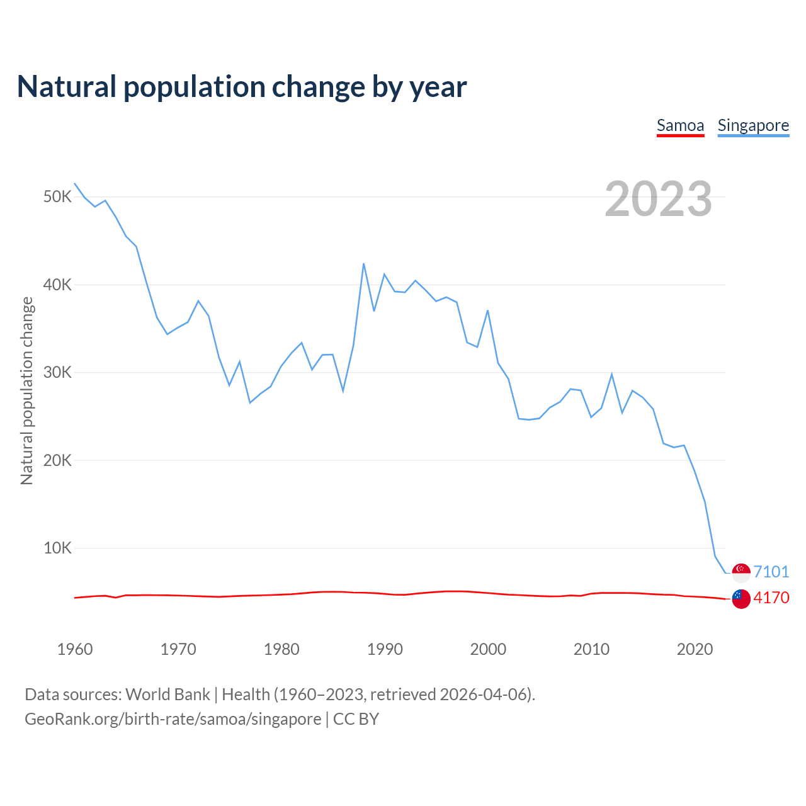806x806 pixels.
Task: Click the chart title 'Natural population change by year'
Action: click(242, 87)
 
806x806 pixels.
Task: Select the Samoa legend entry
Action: click(680, 125)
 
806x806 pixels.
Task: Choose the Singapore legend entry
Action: click(753, 125)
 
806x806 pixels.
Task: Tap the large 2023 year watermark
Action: click(658, 199)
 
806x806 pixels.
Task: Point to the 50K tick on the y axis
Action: click(58, 196)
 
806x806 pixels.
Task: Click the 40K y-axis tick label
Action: click(58, 285)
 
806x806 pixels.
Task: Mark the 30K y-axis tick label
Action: click(58, 372)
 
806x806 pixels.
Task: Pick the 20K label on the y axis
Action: click(58, 460)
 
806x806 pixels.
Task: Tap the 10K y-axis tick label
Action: click(58, 548)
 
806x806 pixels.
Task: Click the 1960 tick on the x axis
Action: click(75, 649)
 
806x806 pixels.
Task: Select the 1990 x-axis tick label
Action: click(385, 649)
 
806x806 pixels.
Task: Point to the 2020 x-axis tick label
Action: click(695, 649)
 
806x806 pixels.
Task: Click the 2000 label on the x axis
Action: click(488, 649)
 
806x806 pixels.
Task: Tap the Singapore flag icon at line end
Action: click(741, 572)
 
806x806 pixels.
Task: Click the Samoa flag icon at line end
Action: click(741, 598)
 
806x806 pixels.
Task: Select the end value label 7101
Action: click(771, 572)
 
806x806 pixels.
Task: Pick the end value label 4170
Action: click(771, 598)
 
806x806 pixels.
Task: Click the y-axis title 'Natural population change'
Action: click(26, 390)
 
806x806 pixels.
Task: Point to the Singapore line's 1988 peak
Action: click(364, 264)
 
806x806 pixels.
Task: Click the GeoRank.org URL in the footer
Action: click(173, 719)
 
